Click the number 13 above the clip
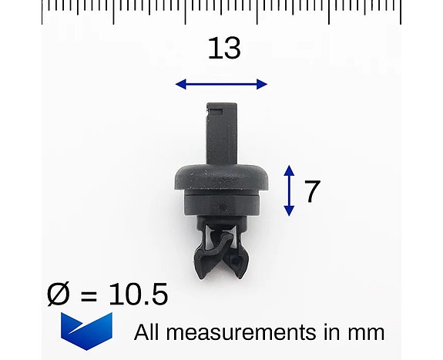click(x=224, y=49)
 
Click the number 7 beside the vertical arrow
click(x=311, y=191)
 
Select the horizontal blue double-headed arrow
click(x=221, y=84)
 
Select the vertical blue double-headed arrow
click(x=289, y=190)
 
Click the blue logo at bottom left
click(x=86, y=331)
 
